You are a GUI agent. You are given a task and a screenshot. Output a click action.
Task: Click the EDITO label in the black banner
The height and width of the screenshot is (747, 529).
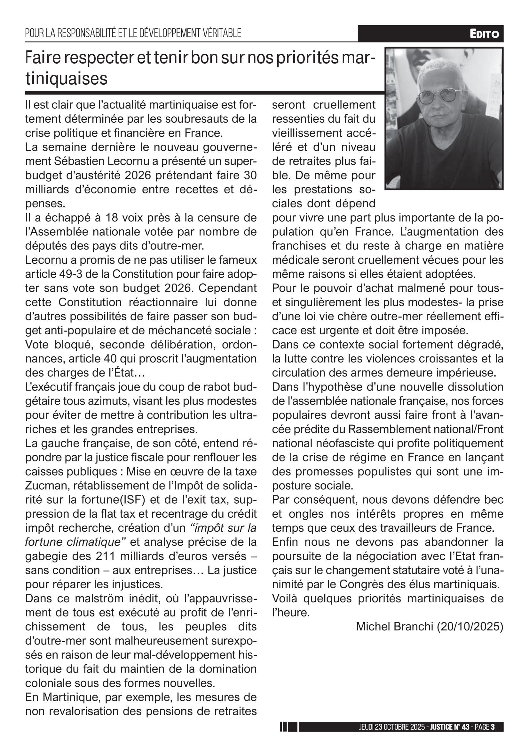click(x=484, y=34)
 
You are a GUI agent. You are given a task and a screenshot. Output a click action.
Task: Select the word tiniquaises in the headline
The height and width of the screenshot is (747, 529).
click(x=67, y=79)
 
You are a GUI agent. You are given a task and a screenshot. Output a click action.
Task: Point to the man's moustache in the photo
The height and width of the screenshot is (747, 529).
click(x=443, y=115)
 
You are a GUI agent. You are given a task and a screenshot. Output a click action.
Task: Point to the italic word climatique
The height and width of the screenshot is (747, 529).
click(x=96, y=542)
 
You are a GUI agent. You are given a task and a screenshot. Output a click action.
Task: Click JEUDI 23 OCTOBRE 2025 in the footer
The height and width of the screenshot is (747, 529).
click(x=392, y=727)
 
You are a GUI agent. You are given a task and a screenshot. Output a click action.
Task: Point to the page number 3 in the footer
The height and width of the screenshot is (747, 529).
click(x=493, y=727)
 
